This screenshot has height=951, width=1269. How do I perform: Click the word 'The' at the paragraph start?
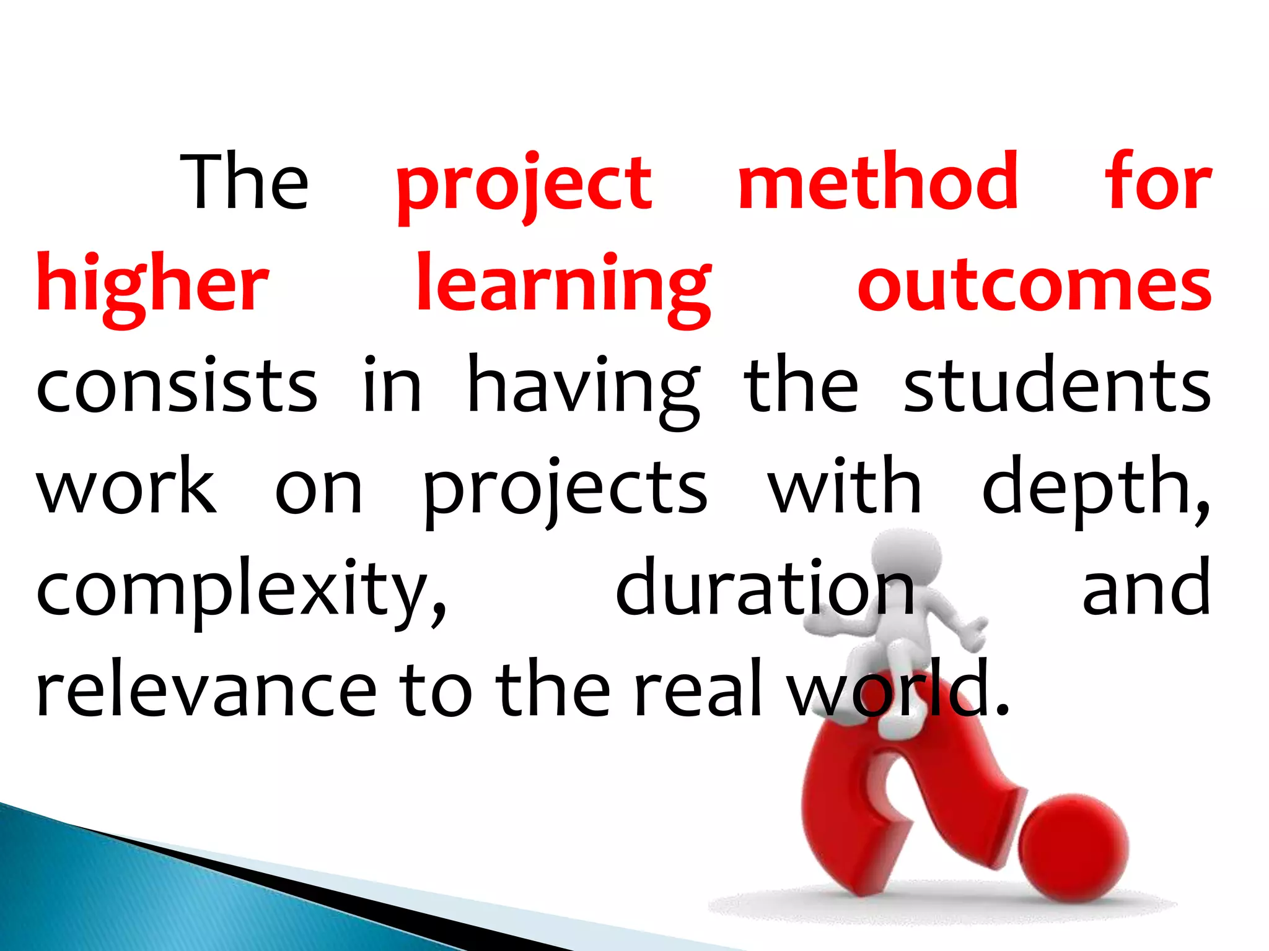point(244,182)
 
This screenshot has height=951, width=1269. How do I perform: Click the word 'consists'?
point(177,386)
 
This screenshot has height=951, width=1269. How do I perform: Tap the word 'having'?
point(583,388)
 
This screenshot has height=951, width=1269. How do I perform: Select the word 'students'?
point(1057,386)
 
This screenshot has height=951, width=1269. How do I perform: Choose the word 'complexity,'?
point(241,591)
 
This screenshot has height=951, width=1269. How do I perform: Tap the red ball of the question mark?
point(1073,848)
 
